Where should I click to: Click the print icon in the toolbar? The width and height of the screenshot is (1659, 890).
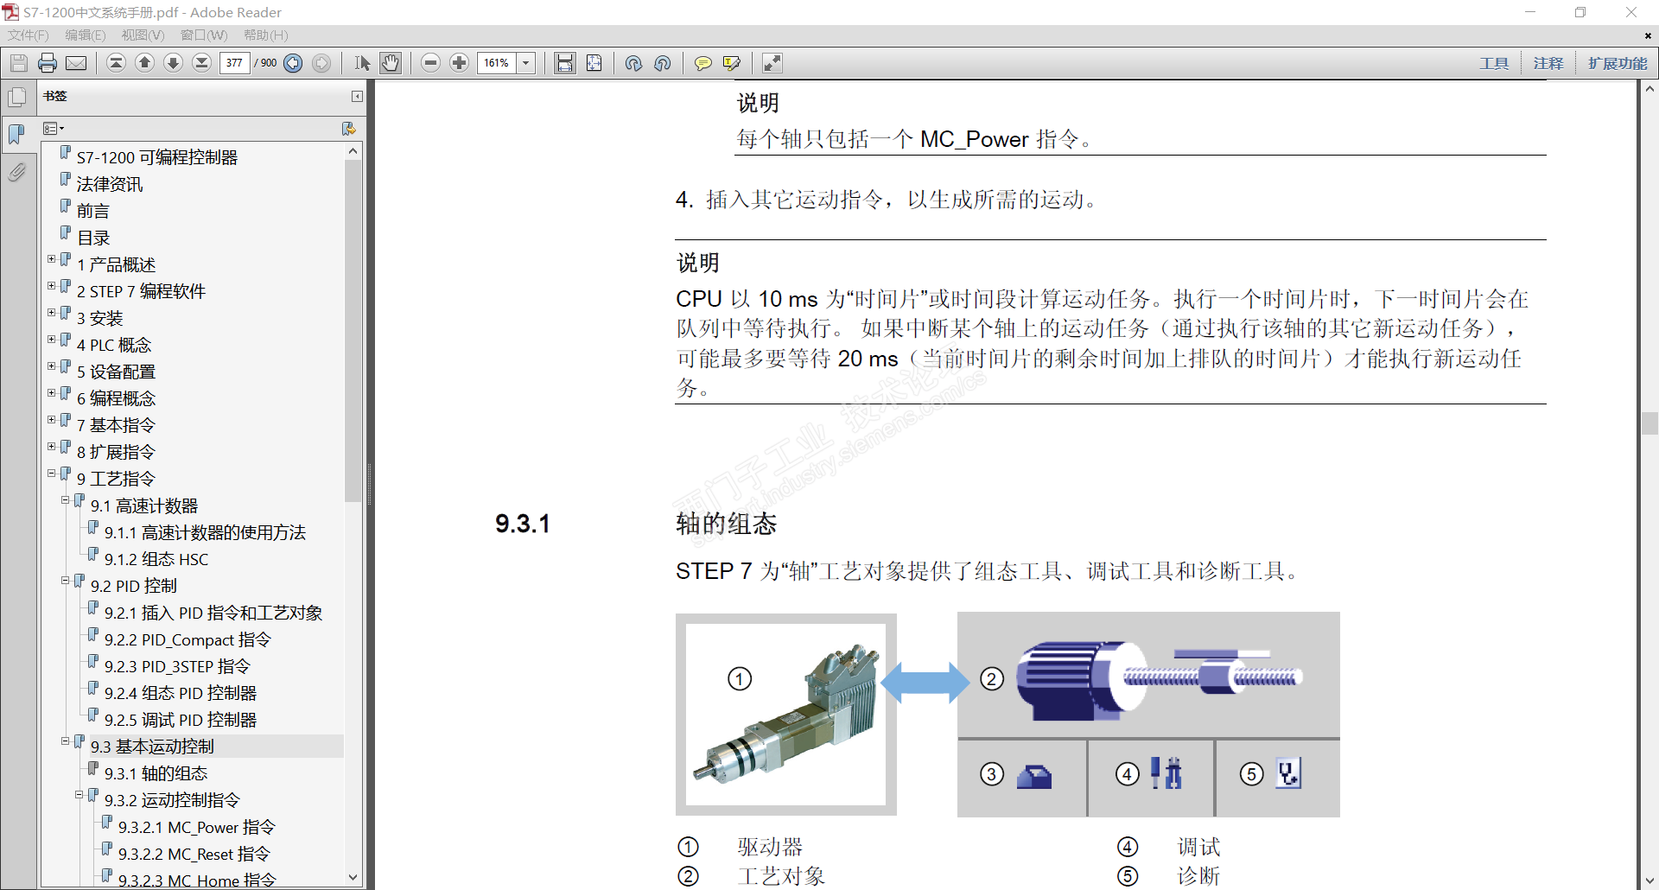coord(48,63)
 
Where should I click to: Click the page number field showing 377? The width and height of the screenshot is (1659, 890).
coord(234,63)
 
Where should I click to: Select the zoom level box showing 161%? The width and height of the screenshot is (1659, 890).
coord(498,63)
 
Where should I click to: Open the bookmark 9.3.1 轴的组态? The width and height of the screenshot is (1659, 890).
coord(156,773)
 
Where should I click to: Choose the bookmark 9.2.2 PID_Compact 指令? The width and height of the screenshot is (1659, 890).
coord(188,639)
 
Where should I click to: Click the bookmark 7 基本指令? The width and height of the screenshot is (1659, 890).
coord(116,425)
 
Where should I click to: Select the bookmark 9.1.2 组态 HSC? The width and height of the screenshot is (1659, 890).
coord(156,559)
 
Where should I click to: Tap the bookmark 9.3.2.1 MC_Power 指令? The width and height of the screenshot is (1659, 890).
coord(196,827)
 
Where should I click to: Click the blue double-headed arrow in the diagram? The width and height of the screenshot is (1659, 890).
coord(925,682)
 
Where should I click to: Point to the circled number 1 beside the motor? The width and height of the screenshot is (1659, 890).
coord(740,678)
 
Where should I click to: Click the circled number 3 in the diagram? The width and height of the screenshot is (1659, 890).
coord(992,773)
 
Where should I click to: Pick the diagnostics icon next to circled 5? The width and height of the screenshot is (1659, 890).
coord(1288,772)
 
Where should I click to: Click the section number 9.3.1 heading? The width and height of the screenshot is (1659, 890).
coord(522,524)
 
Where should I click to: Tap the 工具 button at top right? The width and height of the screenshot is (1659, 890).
coord(1494,63)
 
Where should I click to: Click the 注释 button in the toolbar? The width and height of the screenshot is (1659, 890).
coord(1548,63)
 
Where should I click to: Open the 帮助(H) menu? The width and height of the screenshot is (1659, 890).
coord(265,35)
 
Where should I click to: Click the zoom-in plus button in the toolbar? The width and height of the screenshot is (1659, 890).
coord(460,63)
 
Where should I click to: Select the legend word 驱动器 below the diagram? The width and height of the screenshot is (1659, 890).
coord(770,847)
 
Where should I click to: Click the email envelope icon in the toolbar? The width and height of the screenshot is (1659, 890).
coord(76,63)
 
